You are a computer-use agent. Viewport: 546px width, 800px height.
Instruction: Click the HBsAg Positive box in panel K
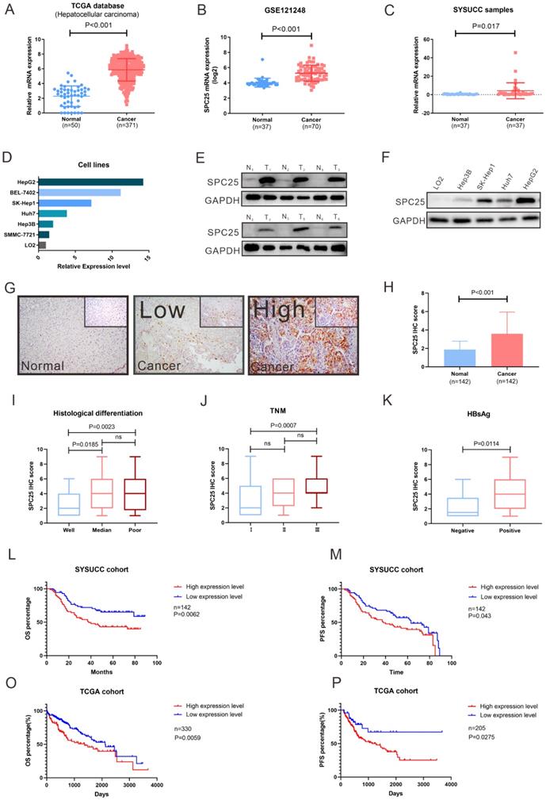[x=499, y=477]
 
